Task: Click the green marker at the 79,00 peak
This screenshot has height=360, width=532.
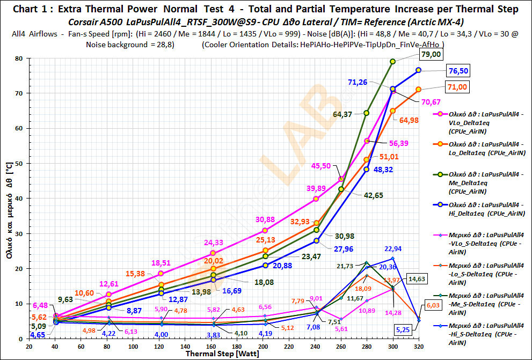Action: click(x=392, y=61)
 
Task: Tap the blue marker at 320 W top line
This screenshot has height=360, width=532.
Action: click(x=418, y=70)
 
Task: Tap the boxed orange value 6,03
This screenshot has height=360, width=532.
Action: click(x=433, y=305)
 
